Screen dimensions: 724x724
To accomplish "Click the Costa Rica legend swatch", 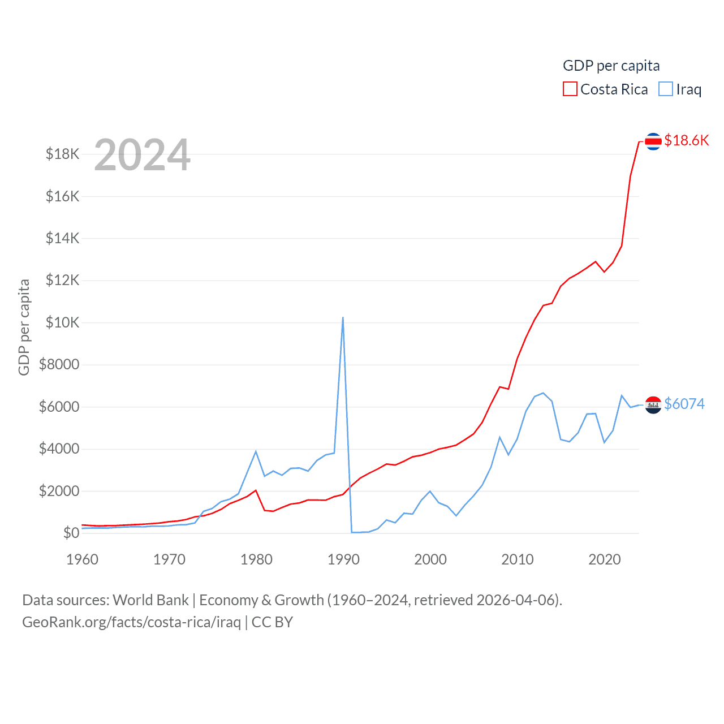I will pos(570,89).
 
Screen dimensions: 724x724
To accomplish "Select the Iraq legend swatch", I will pos(666,89).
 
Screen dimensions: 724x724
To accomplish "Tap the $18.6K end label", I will pos(686,140).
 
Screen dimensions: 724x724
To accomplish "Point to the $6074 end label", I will pos(684,404).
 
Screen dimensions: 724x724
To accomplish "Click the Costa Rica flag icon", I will pos(653,141).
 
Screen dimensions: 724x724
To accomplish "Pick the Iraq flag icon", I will pos(653,405).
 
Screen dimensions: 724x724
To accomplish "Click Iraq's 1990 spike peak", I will pos(343,318).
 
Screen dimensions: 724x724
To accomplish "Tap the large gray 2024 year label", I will pos(142,155).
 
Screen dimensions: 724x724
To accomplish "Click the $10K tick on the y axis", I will pos(63,322).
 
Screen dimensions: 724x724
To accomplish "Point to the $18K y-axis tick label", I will pos(63,154).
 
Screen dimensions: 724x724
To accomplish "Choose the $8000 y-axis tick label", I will pos(59,364).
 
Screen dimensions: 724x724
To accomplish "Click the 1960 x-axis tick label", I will pos(83,559).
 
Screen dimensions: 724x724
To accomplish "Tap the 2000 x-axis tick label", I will pos(430,559).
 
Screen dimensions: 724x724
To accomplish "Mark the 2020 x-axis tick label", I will pos(605,559).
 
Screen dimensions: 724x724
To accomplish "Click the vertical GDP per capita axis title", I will pos(24,327).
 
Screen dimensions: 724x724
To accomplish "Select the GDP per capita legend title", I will pos(611,66).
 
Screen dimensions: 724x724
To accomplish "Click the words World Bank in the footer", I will pos(150,600).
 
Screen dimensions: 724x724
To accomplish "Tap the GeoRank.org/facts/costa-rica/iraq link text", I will pos(131,622).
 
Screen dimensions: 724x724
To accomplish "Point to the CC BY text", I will pos(272,622).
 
